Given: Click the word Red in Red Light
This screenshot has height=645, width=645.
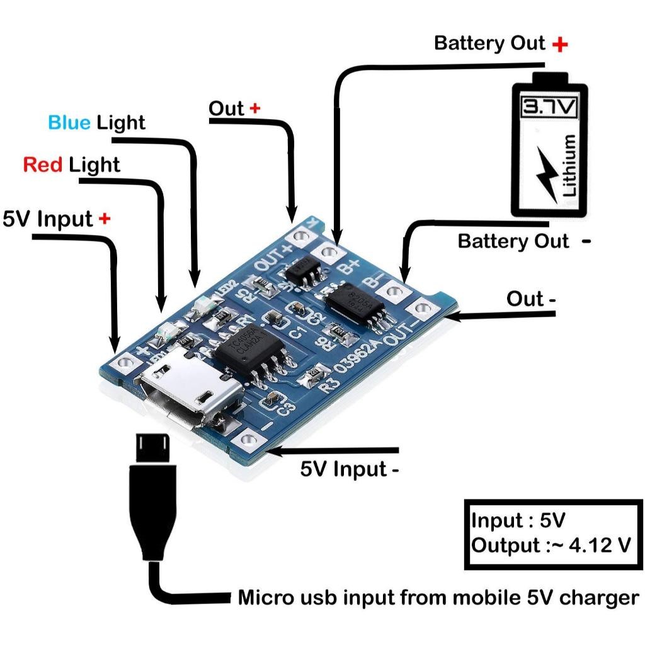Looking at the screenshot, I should (x=43, y=165).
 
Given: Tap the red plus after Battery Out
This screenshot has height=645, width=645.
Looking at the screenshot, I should (x=559, y=44).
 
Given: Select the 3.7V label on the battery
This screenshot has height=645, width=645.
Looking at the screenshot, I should (x=548, y=107).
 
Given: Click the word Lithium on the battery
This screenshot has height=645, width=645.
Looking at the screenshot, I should (x=571, y=165).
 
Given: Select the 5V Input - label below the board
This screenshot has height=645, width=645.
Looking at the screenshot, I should (x=349, y=469).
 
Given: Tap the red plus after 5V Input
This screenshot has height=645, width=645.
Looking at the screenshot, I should (x=105, y=219).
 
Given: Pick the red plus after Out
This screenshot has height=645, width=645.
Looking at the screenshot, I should (x=254, y=108).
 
